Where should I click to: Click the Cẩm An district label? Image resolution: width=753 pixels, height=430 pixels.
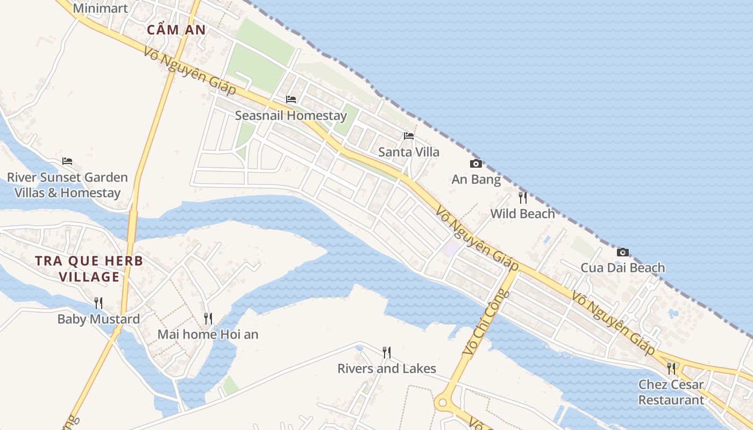176,30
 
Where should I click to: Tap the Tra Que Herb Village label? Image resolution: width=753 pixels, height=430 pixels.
89,269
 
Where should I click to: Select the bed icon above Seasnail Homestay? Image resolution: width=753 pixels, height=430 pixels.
291,99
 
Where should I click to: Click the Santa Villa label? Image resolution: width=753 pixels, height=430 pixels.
409,152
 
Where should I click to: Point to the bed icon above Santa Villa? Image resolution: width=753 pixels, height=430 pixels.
409,135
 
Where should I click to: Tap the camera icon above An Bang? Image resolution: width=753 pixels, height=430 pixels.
476,163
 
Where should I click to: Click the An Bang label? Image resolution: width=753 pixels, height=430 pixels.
476,180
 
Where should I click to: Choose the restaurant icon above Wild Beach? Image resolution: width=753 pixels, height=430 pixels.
522,198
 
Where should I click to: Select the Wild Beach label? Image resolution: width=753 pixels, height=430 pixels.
522,214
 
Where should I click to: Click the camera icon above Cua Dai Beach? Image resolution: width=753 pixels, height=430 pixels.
622,252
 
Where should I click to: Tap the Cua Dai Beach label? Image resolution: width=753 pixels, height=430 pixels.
622,268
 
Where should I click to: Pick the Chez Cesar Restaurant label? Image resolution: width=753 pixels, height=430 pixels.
671,392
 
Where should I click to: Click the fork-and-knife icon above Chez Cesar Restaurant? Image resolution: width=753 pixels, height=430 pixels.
671,368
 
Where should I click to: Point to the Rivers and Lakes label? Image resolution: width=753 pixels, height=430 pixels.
386,369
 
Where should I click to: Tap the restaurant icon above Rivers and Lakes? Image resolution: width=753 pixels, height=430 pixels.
386,353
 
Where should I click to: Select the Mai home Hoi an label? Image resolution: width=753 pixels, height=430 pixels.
208,334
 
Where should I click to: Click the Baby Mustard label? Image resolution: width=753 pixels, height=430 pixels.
98,319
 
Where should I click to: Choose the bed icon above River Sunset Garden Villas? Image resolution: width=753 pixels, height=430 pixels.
67,161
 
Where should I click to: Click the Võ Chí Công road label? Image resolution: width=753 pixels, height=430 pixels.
486,322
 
